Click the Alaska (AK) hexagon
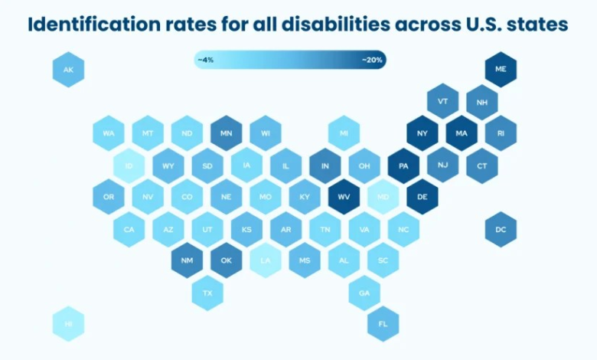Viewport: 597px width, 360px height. pos(68,70)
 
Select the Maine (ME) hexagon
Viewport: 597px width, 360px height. pos(501,69)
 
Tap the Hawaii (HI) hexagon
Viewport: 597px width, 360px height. pos(68,323)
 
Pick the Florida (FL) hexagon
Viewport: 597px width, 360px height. pos(383,323)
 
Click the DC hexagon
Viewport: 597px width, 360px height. pos(501,229)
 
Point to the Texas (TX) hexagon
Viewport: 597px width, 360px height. pos(207,293)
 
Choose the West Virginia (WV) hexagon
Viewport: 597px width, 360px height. pos(344,197)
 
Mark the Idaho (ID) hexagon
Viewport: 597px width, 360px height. pos(128,165)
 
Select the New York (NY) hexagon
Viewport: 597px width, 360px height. pos(422,133)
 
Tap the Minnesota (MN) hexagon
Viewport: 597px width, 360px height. pos(226,133)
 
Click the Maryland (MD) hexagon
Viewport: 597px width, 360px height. pos(383,197)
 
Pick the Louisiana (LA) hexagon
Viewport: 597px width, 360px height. pos(265,260)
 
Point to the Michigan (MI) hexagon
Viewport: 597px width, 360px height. pos(344,133)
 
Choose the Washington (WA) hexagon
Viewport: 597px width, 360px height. pos(109,133)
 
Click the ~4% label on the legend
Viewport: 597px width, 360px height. pos(205,59)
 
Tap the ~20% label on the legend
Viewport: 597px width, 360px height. pos(373,59)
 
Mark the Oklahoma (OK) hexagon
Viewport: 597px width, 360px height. pos(226,260)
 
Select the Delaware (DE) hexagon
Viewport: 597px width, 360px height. pos(422,197)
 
